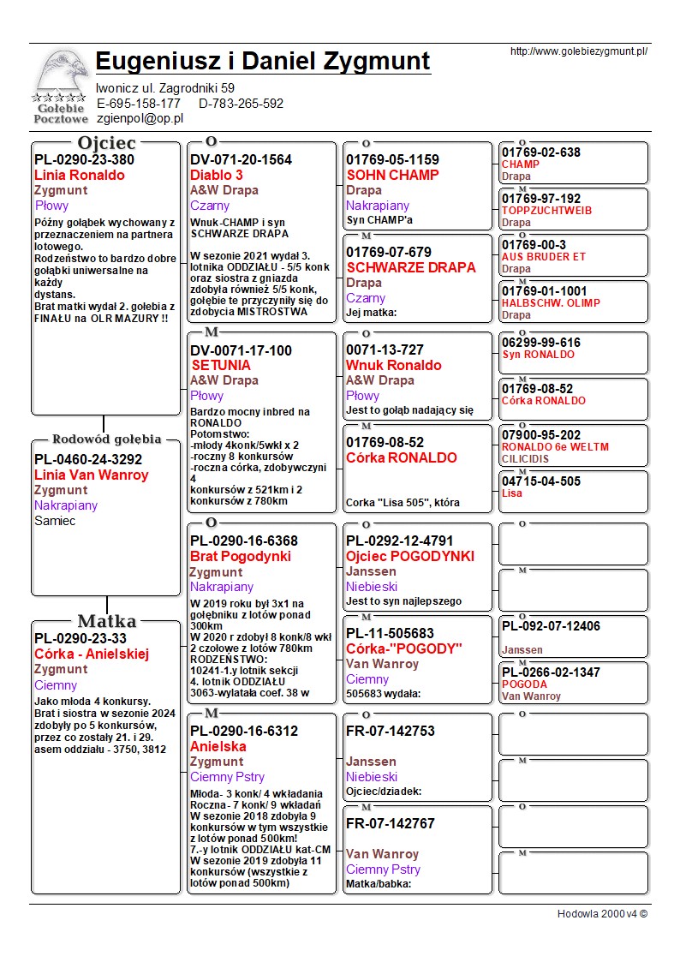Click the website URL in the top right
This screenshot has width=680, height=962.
(x=578, y=51)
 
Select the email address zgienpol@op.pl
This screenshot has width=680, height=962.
(x=140, y=118)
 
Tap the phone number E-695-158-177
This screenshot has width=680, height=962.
(x=139, y=104)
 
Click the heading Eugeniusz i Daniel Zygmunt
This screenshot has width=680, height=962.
(x=263, y=62)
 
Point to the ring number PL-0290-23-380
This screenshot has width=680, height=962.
(x=84, y=159)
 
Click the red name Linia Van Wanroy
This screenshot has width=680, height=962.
(x=91, y=475)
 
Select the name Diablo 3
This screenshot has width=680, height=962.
(x=217, y=175)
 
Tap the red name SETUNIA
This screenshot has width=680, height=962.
(x=221, y=365)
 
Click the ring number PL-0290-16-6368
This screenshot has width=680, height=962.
(x=244, y=541)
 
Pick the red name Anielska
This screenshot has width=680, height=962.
(x=218, y=746)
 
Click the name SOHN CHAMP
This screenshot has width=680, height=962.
(x=392, y=175)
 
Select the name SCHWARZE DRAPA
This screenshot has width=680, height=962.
(x=410, y=267)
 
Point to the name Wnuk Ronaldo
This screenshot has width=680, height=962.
(x=393, y=365)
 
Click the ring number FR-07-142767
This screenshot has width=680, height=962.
(x=391, y=823)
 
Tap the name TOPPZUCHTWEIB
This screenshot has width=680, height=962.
(x=546, y=210)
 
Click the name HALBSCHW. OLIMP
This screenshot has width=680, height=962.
(x=551, y=302)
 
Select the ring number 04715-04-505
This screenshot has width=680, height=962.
(x=541, y=481)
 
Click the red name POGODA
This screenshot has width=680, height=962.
(x=524, y=684)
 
